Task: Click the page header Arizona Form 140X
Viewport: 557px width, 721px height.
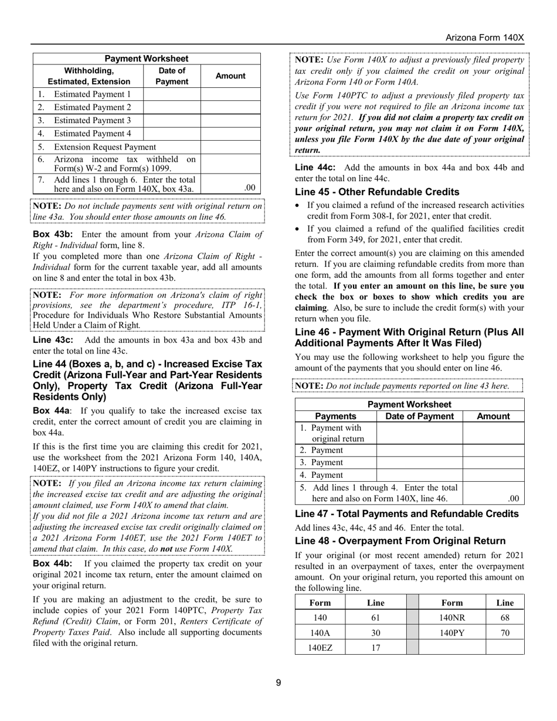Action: [x=484, y=38]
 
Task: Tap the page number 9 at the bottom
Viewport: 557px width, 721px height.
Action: [x=278, y=682]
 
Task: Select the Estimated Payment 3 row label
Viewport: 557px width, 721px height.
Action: [x=92, y=120]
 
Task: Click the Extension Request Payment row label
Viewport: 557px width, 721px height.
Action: [x=104, y=147]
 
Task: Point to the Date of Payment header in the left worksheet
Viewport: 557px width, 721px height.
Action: [x=172, y=76]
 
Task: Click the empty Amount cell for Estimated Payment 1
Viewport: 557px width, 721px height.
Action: [x=230, y=94]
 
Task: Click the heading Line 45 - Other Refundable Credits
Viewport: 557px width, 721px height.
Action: [x=377, y=192]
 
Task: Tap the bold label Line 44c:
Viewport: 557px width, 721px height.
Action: [x=315, y=168]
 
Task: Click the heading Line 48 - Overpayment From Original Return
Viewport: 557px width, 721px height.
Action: [x=400, y=540]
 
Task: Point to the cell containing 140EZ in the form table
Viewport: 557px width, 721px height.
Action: [x=320, y=648]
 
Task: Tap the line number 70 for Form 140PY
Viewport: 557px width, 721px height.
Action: [x=505, y=632]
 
